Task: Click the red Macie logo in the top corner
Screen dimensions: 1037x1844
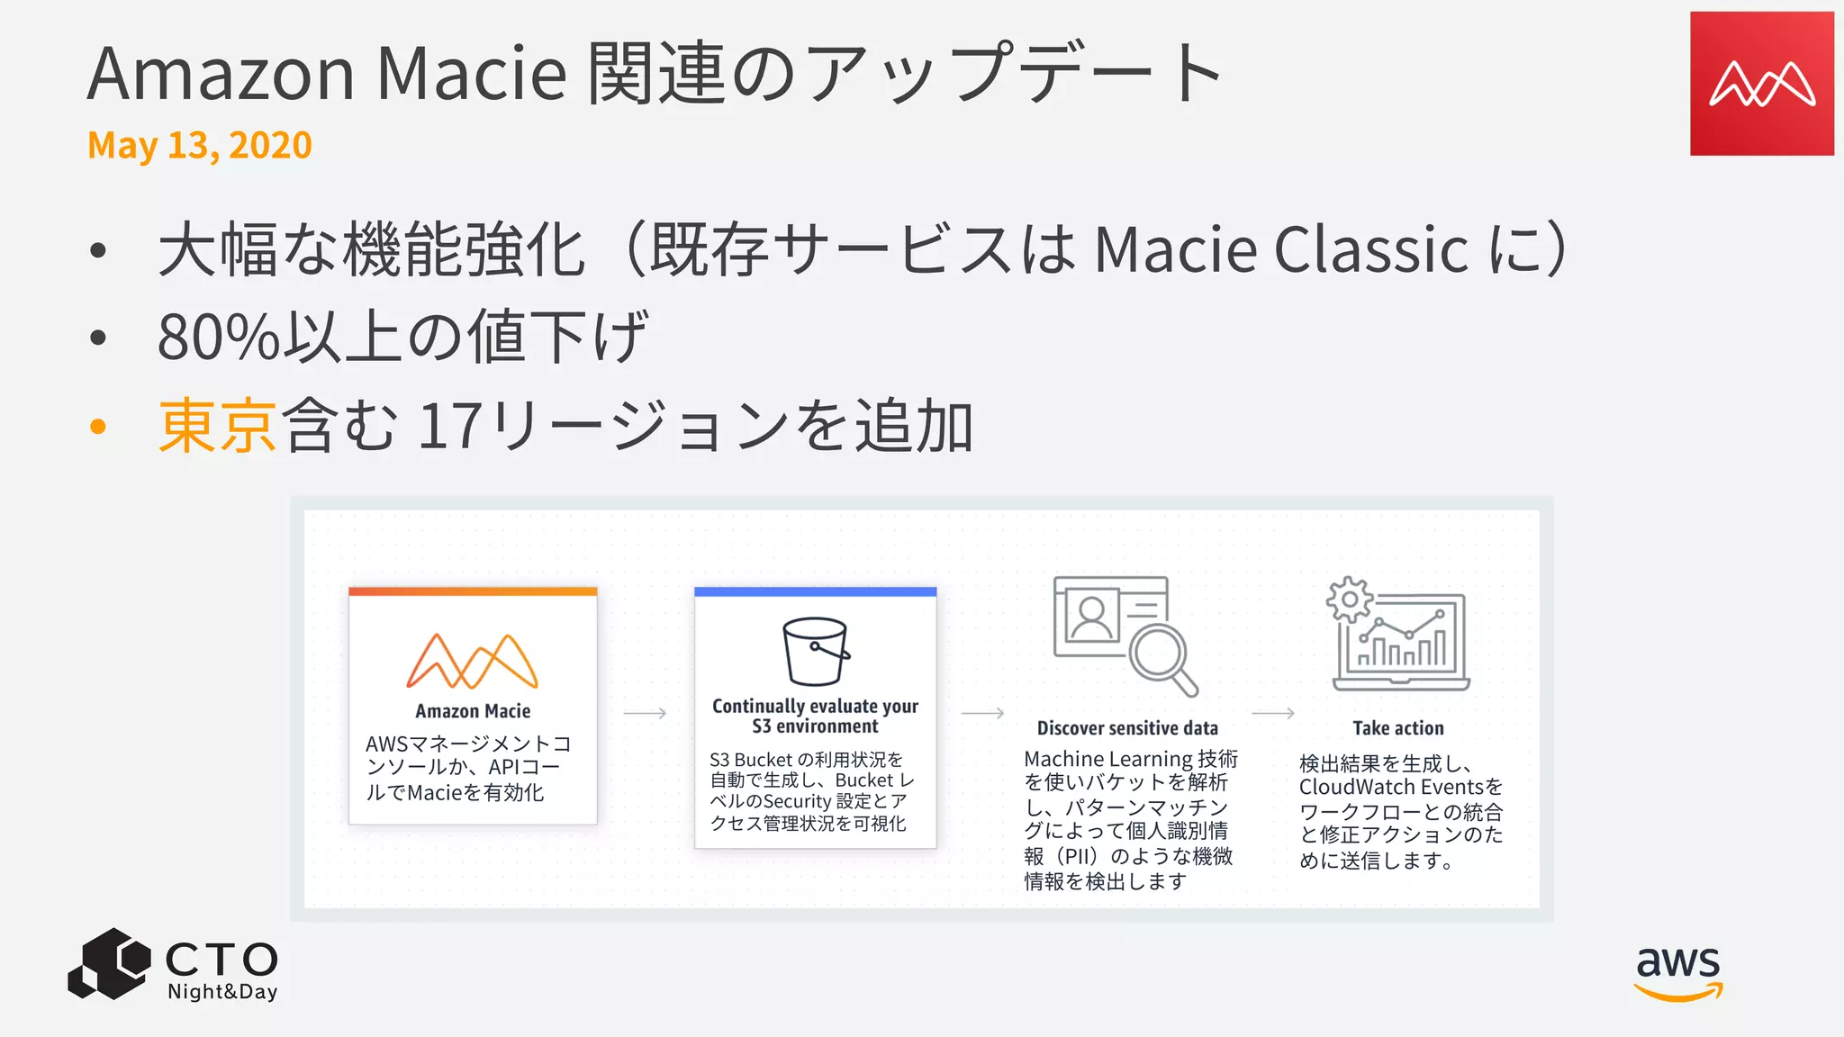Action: pos(1761,84)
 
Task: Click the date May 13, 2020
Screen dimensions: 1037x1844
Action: pos(200,145)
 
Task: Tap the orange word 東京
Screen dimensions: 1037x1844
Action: pos(217,426)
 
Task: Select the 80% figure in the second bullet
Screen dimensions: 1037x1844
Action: pos(219,338)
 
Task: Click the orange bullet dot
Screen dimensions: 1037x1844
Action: pos(98,427)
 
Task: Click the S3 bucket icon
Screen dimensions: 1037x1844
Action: pos(816,652)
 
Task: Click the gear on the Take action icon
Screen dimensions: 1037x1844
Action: pos(1349,600)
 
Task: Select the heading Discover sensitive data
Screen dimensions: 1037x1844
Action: pos(1127,728)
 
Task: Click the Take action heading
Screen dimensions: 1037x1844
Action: pos(1397,728)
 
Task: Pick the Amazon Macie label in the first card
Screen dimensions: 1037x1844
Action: pos(473,711)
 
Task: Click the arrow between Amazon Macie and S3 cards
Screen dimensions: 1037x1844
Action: pos(645,713)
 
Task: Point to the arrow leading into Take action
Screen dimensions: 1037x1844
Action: pos(1273,713)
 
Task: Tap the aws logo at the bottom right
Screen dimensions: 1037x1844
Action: pos(1678,972)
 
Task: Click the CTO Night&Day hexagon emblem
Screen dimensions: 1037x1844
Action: pos(109,964)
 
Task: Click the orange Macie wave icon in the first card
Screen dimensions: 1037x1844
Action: pos(473,661)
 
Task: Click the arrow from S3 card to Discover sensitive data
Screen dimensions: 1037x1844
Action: pos(982,713)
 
